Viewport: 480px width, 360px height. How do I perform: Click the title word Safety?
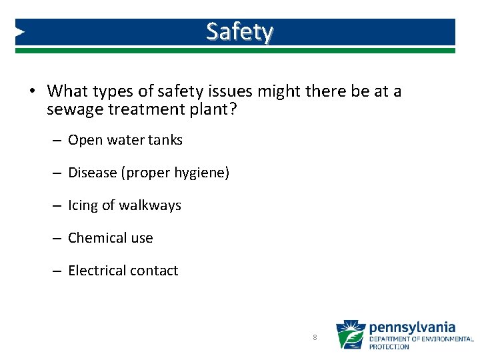click(239, 31)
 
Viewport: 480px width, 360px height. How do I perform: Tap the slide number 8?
click(315, 337)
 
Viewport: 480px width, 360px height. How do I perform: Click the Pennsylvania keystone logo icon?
click(350, 335)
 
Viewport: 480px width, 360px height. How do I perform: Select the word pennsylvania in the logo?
click(412, 327)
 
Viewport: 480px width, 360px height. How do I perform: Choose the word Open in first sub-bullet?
click(84, 141)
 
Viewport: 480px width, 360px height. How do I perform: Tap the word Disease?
click(92, 173)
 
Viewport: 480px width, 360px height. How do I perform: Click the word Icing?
click(83, 206)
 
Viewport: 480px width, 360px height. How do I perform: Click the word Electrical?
click(97, 271)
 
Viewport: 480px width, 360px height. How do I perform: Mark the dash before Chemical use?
click(58, 239)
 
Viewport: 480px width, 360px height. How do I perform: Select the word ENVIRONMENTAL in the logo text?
click(445, 339)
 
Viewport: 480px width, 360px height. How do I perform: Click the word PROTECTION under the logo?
click(389, 347)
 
